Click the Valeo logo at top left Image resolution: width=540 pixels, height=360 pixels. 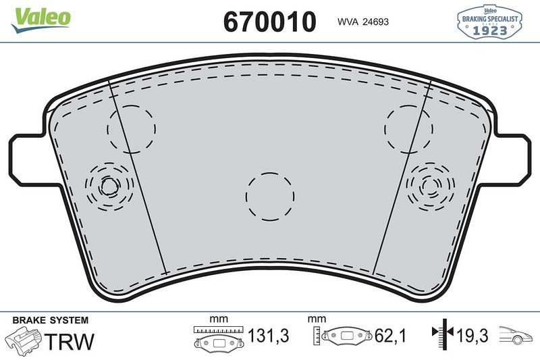click(40, 17)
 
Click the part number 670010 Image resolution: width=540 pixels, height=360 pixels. click(269, 22)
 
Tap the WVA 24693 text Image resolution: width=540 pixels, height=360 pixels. click(362, 22)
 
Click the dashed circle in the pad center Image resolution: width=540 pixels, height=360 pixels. click(270, 197)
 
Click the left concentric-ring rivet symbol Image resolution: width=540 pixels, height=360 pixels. click(107, 185)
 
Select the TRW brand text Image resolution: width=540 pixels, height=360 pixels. click(69, 340)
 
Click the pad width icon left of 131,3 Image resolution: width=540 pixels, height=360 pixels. click(217, 336)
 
